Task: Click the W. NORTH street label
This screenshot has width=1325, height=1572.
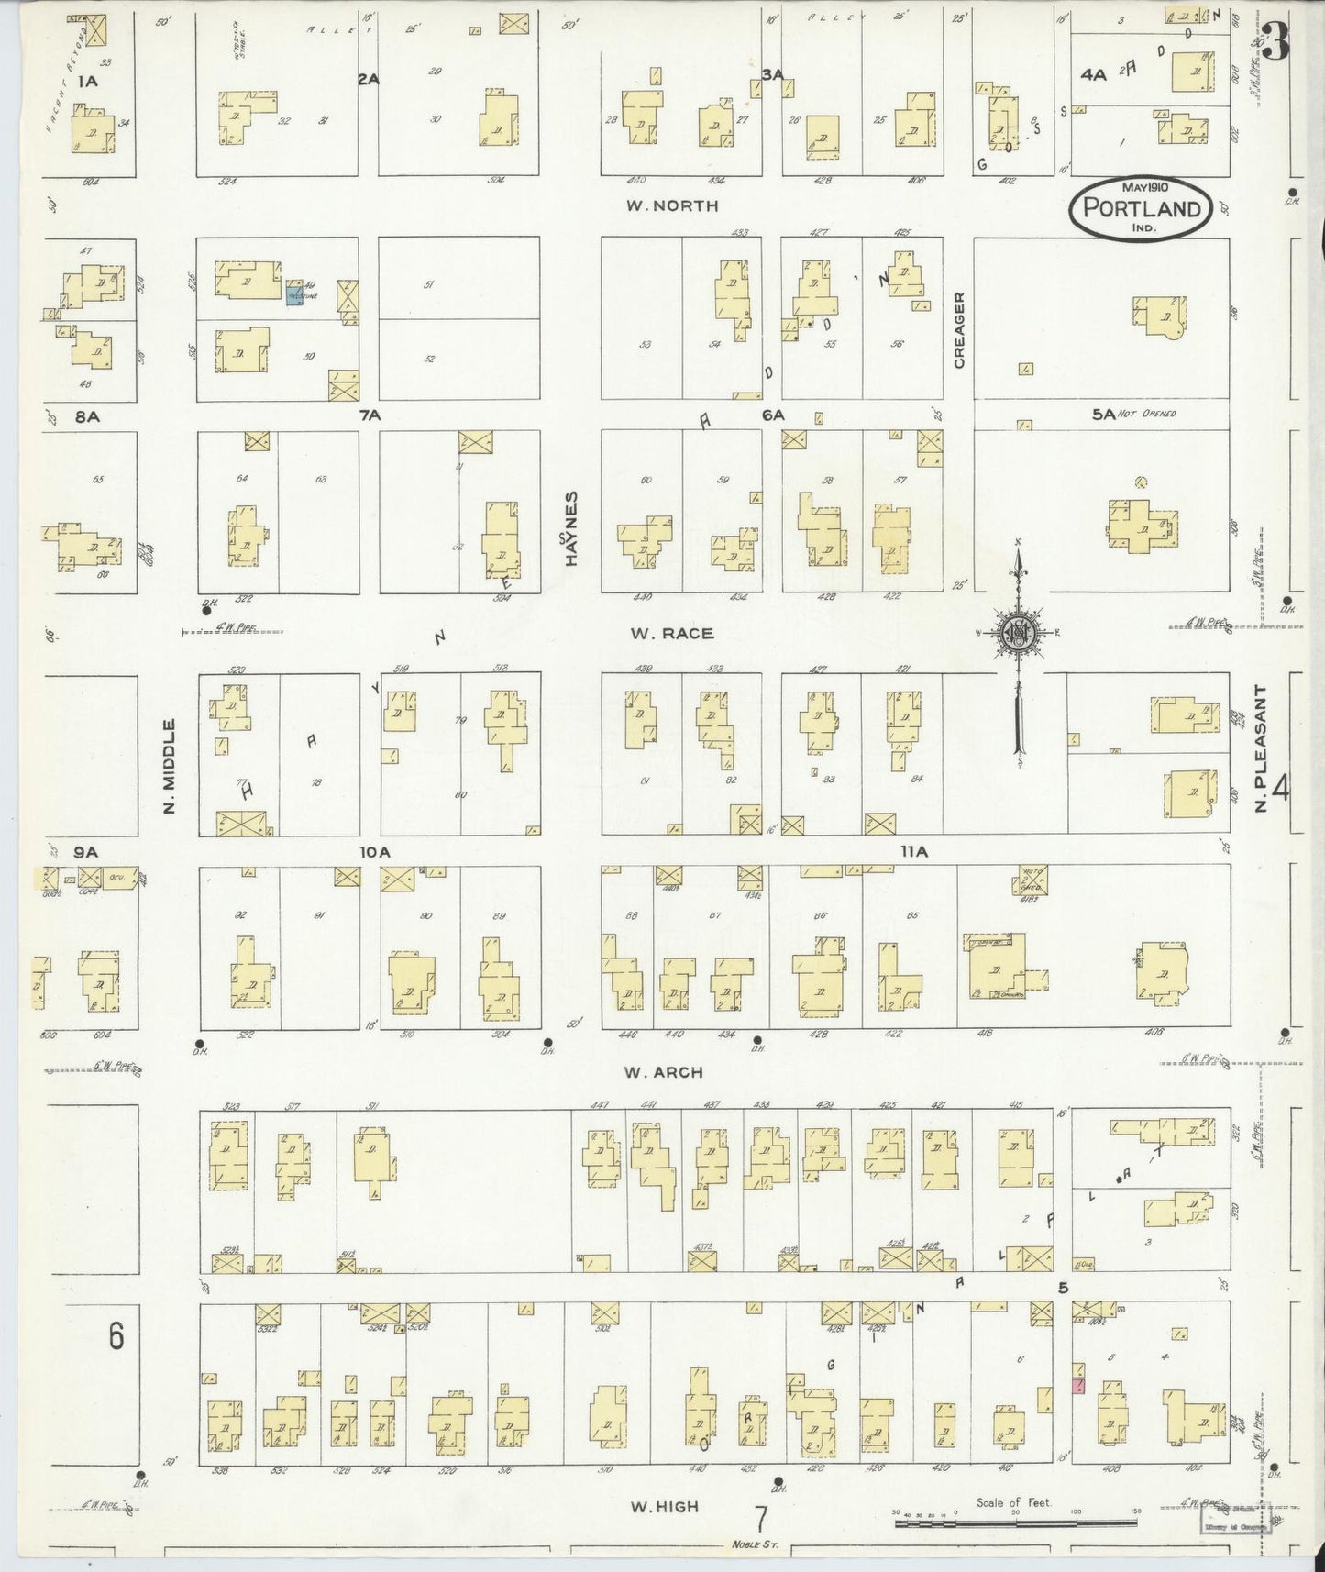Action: click(671, 205)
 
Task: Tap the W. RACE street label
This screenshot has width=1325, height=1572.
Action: click(671, 633)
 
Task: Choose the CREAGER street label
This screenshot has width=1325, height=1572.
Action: click(959, 330)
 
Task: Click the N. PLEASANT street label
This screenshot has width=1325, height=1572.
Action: click(1260, 748)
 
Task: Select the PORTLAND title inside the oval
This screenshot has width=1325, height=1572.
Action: click(1142, 207)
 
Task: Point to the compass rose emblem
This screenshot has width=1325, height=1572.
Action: click(1018, 631)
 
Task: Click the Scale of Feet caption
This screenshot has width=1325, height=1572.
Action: click(1013, 1502)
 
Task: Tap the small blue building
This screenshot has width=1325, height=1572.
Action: click(294, 295)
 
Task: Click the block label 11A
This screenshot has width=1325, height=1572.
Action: click(913, 852)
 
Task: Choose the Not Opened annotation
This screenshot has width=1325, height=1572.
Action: click(1146, 415)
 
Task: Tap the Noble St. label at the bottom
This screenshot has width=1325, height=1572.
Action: click(754, 1544)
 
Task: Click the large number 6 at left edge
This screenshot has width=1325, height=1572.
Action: click(116, 1336)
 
